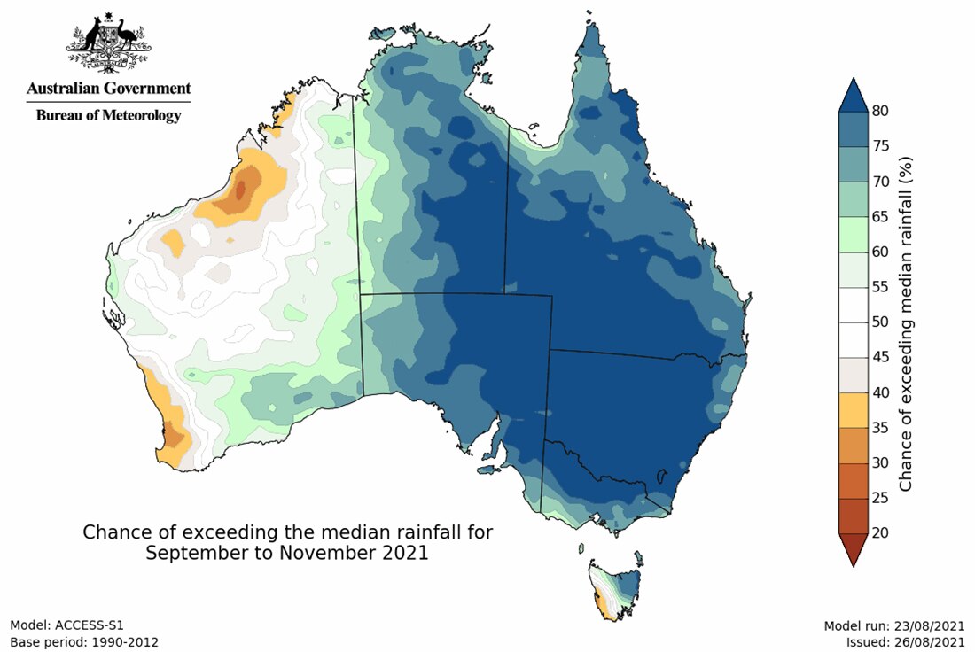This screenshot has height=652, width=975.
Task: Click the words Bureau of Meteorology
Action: tap(108, 115)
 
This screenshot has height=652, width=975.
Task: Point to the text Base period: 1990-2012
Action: tap(84, 641)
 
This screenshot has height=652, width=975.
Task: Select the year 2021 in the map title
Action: tap(402, 553)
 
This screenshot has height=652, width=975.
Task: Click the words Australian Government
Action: tap(108, 89)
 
